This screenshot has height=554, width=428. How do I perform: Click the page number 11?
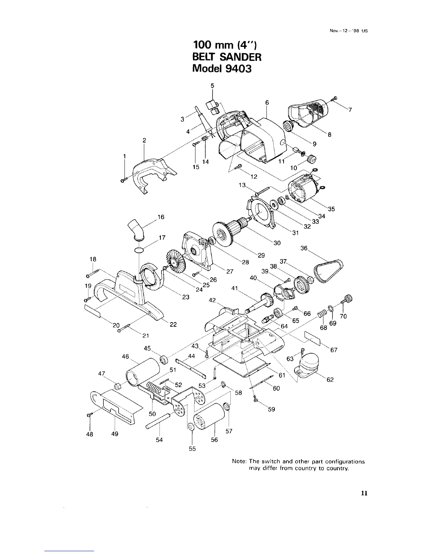[364, 493]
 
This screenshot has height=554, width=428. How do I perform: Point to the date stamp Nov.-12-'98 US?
[347, 30]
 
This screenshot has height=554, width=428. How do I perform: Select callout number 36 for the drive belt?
[304, 248]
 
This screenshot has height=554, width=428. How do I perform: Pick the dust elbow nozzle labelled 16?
[137, 230]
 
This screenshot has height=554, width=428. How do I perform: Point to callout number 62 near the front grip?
[330, 380]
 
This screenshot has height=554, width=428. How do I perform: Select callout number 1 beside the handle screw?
[124, 156]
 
